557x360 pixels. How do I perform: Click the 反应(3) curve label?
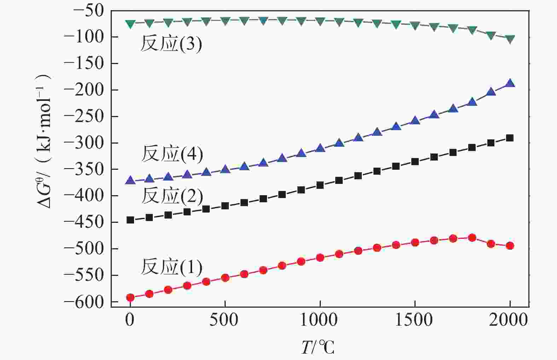[x=171, y=44]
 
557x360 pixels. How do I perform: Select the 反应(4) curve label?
[x=172, y=154]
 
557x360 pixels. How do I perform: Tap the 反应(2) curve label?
[x=172, y=196]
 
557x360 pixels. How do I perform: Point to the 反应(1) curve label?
[x=172, y=267]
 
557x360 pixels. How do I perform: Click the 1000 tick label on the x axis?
[x=320, y=320]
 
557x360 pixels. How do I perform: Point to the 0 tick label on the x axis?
[x=130, y=320]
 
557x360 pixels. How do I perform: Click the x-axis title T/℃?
[x=317, y=347]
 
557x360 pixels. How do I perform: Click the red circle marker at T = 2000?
[x=510, y=246]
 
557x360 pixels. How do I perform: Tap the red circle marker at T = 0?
[x=130, y=297]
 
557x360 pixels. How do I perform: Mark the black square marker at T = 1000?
[x=320, y=185]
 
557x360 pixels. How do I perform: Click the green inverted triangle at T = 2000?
[x=510, y=39]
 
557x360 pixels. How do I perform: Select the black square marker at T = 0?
[x=130, y=220]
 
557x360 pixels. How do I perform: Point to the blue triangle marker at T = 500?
[x=225, y=169]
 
